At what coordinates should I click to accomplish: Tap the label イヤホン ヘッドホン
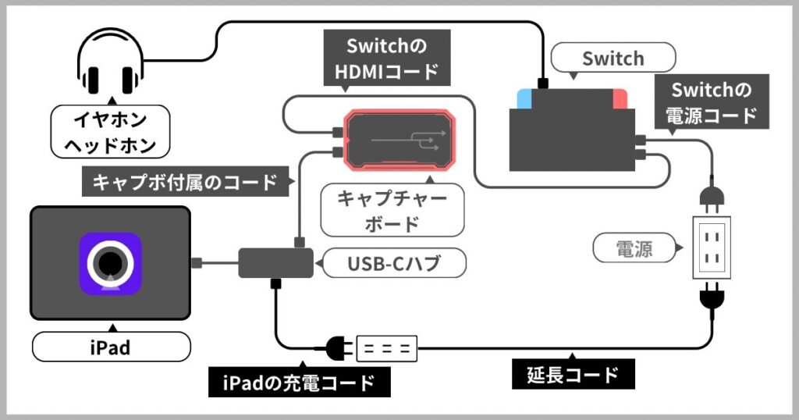tap(110, 132)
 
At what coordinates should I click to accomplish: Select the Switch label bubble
tap(613, 59)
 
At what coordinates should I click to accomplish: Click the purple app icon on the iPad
tap(110, 264)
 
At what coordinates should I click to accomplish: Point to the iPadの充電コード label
tap(300, 383)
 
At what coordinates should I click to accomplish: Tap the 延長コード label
tap(573, 374)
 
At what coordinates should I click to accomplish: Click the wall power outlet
tap(712, 247)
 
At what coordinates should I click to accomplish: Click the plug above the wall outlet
tap(712, 196)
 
